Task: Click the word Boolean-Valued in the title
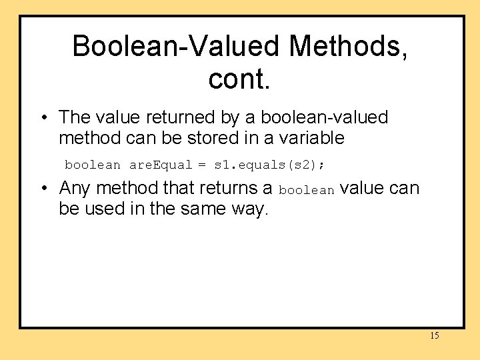(x=175, y=47)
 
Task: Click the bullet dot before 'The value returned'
(x=43, y=118)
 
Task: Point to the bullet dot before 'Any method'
(x=43, y=189)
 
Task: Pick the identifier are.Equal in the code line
(x=160, y=165)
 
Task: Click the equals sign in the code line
(x=202, y=165)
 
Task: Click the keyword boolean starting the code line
(x=93, y=165)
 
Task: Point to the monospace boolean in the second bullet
(x=306, y=191)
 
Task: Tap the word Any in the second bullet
(x=74, y=189)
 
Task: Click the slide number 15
(x=434, y=335)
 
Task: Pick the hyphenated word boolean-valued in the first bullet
(x=324, y=117)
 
